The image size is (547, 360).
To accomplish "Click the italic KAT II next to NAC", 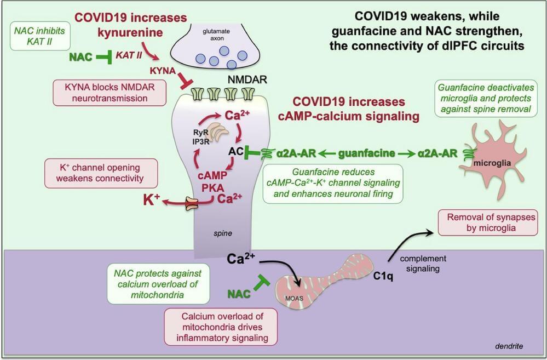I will coord(130,55).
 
